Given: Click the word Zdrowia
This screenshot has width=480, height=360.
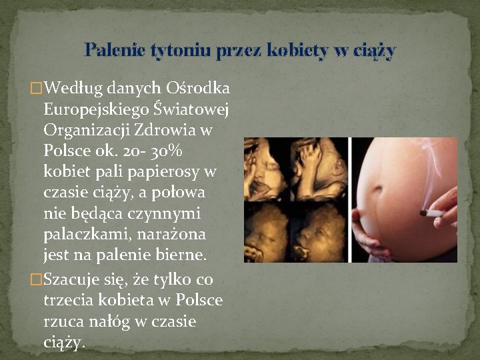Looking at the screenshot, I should [166, 130].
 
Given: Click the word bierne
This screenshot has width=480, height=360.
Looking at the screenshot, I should [181, 255].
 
